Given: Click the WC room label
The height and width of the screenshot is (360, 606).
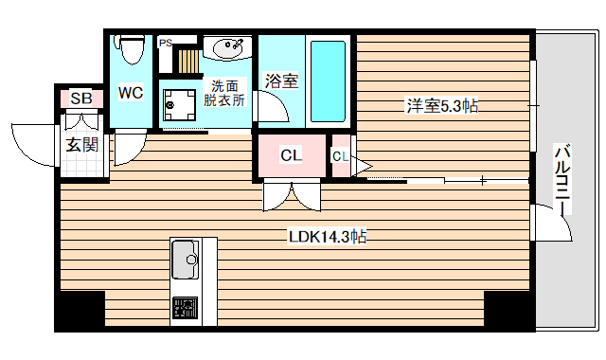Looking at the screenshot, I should point(130,93).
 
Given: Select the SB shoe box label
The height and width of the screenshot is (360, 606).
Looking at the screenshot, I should point(81,99).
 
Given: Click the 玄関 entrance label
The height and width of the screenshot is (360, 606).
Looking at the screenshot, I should point(81,145).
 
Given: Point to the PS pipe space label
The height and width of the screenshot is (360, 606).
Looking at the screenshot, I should point(166,43).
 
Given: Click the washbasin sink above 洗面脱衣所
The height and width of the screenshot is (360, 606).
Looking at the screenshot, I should point(227,46).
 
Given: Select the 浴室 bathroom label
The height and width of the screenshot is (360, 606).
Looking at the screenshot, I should point(281,81).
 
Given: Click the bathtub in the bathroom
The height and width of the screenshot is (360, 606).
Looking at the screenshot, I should point(328,80).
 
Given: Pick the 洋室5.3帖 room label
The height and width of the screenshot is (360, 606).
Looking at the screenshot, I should point(442,106).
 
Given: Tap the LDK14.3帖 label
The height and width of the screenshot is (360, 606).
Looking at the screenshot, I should point(328,238).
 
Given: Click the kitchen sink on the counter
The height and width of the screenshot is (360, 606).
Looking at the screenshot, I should point(185,256).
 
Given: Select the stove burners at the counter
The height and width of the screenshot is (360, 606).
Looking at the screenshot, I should point(184,309).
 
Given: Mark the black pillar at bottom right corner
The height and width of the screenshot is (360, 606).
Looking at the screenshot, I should point(508,309).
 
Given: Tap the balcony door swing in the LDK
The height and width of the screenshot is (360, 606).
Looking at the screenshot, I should point(554,225).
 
